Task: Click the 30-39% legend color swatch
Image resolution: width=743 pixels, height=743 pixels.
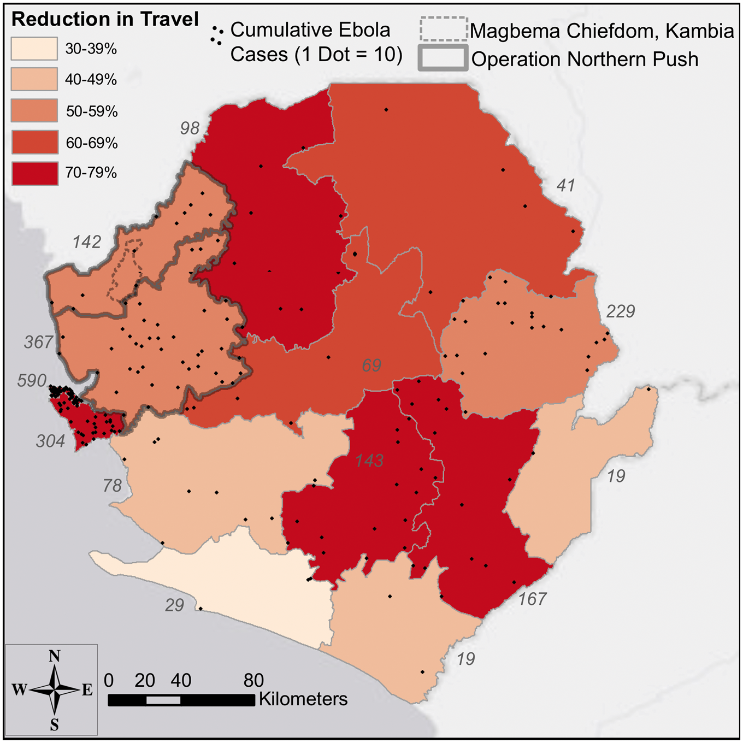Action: tap(34, 49)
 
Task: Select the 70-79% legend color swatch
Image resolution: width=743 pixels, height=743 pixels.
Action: tap(34, 173)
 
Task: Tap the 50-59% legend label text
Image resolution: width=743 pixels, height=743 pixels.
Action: tap(91, 111)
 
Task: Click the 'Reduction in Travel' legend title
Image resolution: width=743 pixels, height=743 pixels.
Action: tap(105, 19)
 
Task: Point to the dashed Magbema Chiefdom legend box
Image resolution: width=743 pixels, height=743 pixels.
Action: tap(443, 29)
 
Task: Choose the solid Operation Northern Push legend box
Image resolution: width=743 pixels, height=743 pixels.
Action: tap(443, 58)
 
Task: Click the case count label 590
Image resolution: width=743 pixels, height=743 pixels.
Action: tap(32, 380)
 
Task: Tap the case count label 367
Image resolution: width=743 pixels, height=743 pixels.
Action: tap(39, 342)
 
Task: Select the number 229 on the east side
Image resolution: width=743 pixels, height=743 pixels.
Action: tap(620, 311)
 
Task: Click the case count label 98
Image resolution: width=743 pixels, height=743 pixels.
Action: tap(190, 128)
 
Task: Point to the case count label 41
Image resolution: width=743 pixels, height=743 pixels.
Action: tap(565, 186)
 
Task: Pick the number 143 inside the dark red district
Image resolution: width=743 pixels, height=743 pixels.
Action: tap(369, 461)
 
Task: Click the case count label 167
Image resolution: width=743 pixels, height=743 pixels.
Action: tap(532, 599)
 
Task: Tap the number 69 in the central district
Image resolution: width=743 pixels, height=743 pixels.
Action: tap(371, 365)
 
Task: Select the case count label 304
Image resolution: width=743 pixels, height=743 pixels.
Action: tap(50, 441)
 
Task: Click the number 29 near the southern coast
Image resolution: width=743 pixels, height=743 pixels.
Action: tap(174, 605)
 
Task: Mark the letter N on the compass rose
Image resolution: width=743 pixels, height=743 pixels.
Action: tap(54, 656)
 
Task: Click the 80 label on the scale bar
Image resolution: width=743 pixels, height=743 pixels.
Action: tap(253, 680)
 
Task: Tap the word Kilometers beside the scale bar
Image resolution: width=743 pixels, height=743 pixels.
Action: tap(303, 699)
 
